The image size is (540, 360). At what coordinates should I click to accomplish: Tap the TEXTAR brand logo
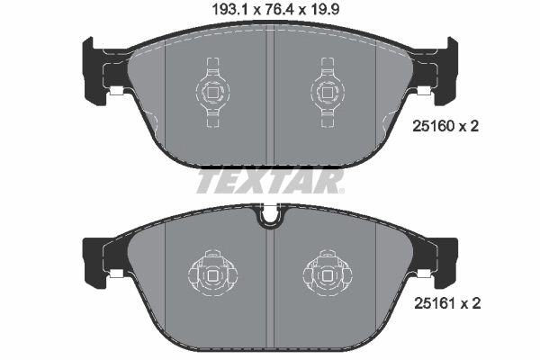[269, 183]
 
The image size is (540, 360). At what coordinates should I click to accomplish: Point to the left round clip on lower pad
[212, 272]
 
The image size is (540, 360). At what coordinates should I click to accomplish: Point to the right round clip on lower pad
[328, 272]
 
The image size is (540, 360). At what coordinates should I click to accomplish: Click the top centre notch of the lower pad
[270, 217]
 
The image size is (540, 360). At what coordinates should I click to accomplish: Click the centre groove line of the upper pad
[270, 99]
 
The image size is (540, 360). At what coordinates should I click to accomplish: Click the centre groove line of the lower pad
[270, 279]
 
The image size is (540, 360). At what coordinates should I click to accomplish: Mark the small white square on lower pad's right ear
[424, 272]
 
